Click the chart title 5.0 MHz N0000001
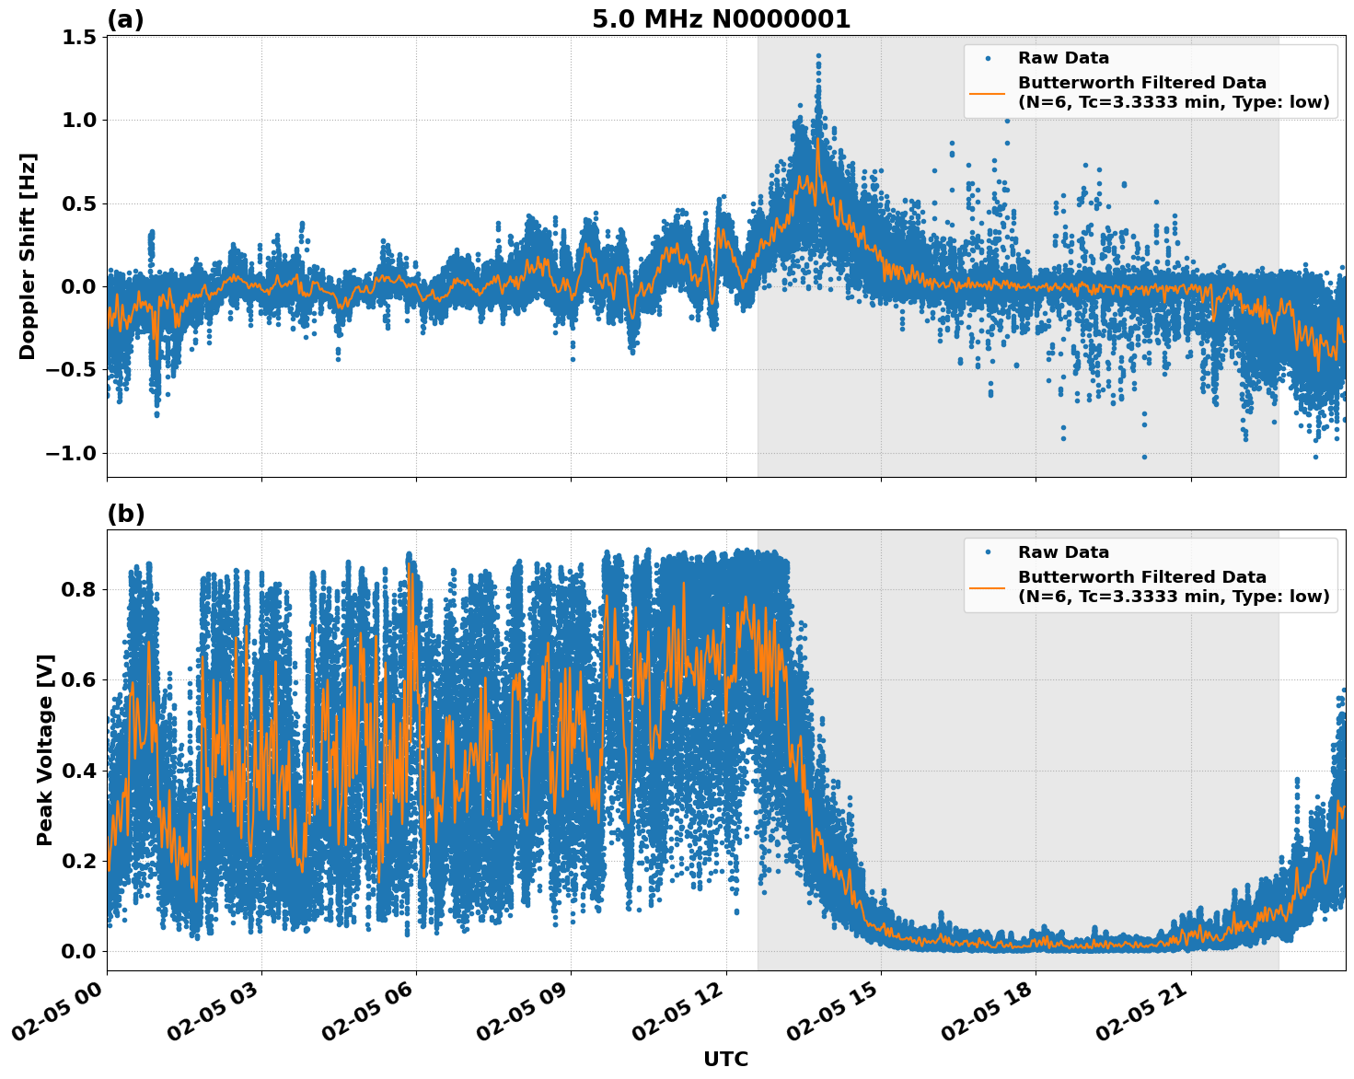tap(721, 19)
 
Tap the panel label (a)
tap(125, 19)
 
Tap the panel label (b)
tap(125, 514)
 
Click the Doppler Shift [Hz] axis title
tap(28, 256)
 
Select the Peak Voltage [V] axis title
tap(45, 749)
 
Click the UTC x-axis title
tap(725, 1059)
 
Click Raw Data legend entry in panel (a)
tap(1063, 59)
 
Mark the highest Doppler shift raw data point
tap(817, 55)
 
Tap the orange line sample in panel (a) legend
tap(987, 93)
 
